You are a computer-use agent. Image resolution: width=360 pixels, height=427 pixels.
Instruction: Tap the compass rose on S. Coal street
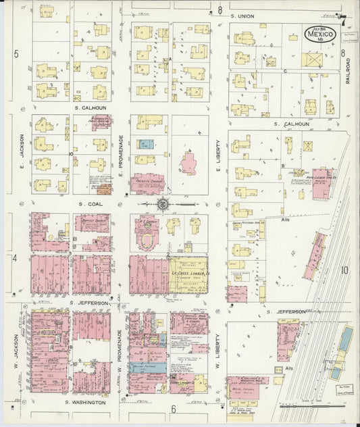163,203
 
